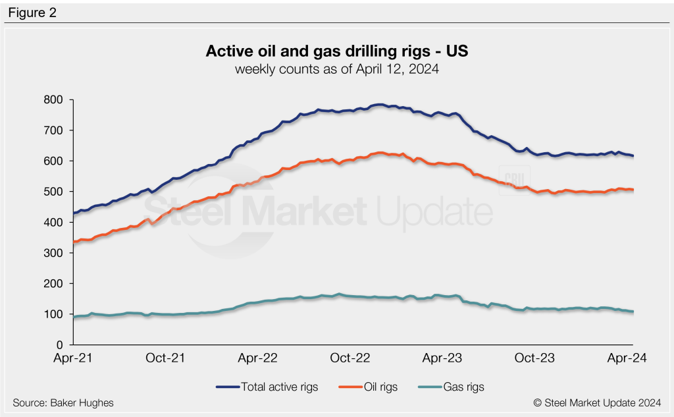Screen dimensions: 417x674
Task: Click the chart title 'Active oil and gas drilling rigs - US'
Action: click(x=337, y=51)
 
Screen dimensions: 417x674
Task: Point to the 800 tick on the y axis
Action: click(x=53, y=100)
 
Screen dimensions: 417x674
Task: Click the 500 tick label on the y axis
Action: click(x=53, y=192)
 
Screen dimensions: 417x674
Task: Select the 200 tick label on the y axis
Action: click(x=53, y=284)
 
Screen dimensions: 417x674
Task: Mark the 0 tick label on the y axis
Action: click(x=59, y=345)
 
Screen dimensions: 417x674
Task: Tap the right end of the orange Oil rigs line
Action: click(x=632, y=190)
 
